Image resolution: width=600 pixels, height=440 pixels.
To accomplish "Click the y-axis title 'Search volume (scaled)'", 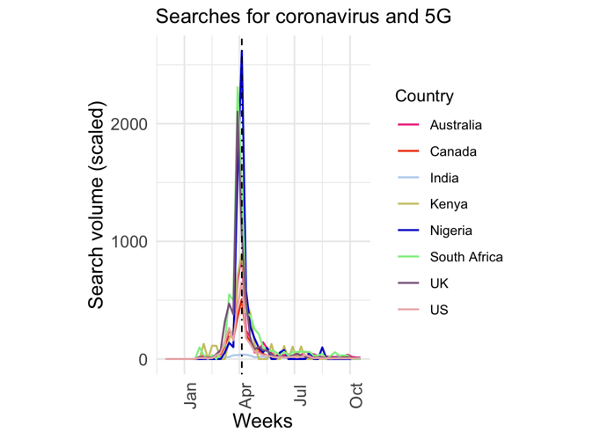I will (97, 203).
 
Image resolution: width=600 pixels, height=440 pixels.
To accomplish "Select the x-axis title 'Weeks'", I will (262, 421).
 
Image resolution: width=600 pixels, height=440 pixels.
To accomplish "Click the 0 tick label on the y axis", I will (141, 360).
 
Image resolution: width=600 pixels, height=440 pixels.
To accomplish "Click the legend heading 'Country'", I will (424, 96).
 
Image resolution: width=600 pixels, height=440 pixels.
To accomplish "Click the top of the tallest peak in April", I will (242, 52).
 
